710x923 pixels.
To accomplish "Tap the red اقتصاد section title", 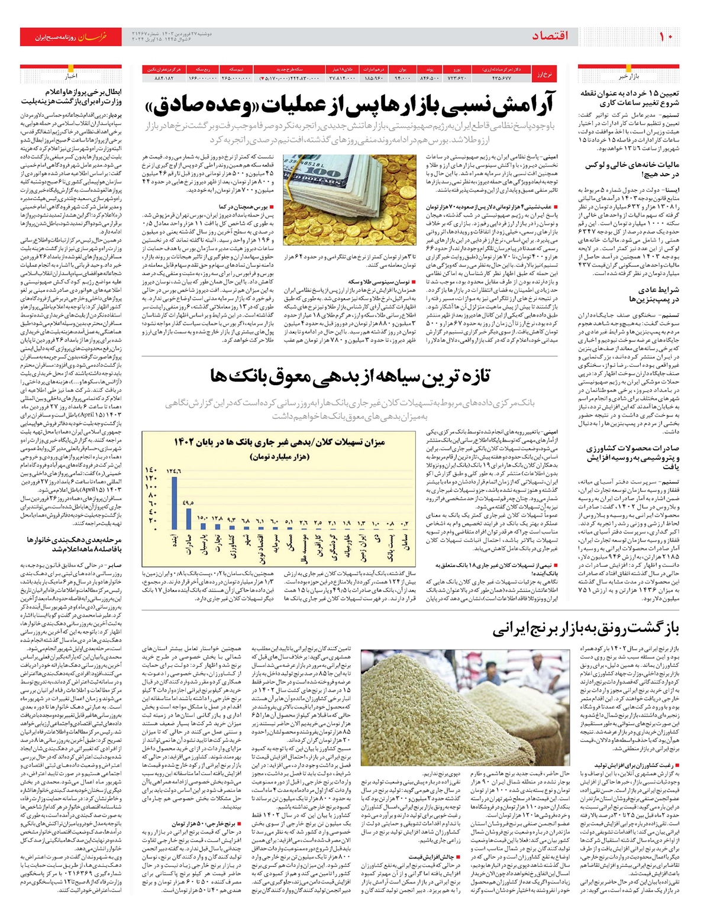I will click(x=550, y=37).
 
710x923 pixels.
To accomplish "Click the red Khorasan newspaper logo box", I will click(x=71, y=37).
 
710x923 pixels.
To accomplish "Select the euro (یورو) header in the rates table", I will click(x=456, y=69).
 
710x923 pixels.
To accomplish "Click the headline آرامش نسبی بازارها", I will click(x=349, y=105).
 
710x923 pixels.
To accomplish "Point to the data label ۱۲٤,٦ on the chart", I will click(x=174, y=471).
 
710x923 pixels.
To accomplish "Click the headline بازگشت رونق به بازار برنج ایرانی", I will click(x=586, y=628).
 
